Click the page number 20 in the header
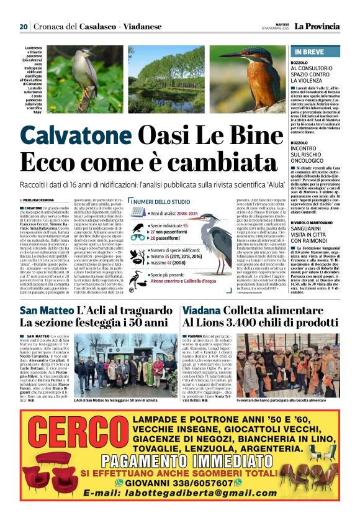point(24,27)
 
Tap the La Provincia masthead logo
point(317,27)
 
